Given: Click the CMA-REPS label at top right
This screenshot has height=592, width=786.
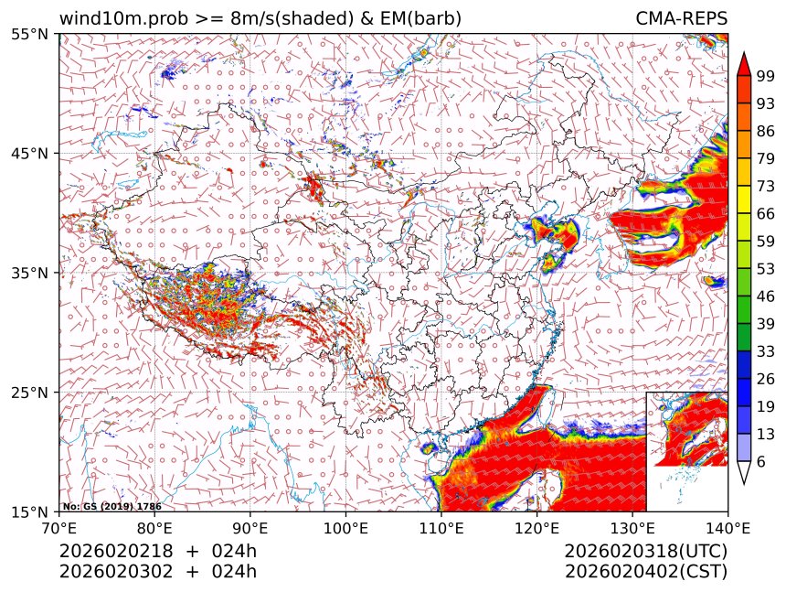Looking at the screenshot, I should click(682, 18).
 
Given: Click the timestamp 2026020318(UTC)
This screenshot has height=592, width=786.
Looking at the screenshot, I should click(645, 552).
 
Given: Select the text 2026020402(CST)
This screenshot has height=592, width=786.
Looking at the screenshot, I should click(645, 572).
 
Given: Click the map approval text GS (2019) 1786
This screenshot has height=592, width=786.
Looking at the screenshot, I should click(117, 505).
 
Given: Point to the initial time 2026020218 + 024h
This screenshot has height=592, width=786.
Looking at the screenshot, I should click(157, 552).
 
